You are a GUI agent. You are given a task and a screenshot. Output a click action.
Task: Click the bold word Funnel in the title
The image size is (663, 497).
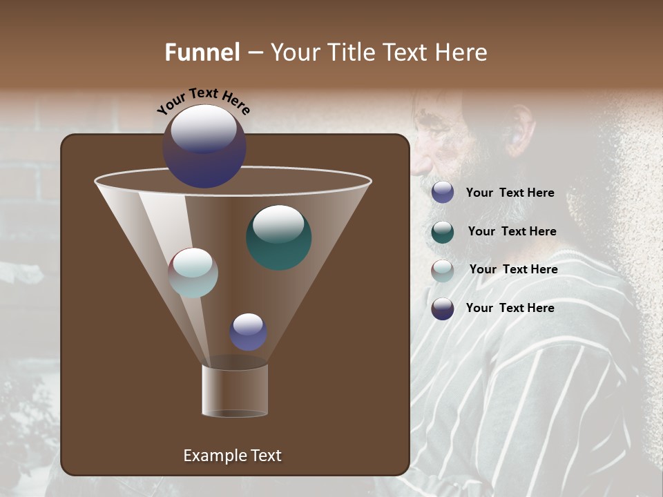[202, 52]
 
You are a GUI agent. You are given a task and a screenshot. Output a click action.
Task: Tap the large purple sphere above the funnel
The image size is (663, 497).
[204, 147]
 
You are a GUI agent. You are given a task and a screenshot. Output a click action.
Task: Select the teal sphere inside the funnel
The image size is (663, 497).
[279, 237]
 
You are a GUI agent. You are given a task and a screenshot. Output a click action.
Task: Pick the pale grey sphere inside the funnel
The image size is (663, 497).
[193, 273]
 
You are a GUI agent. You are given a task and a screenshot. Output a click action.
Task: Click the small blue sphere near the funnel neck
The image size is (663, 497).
[249, 332]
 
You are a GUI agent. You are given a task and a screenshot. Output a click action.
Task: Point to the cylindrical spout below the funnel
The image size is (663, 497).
[235, 390]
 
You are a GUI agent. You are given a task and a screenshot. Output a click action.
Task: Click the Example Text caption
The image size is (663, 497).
[233, 456]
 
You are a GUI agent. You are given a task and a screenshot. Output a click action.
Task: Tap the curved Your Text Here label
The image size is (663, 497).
[203, 100]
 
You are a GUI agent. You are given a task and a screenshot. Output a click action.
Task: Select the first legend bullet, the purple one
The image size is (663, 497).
[443, 193]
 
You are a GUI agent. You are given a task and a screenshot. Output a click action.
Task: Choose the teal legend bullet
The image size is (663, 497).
[443, 232]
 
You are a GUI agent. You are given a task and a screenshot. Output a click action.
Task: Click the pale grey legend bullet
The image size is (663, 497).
[443, 271]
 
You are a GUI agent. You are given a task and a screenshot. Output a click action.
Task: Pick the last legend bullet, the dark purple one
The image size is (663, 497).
[443, 309]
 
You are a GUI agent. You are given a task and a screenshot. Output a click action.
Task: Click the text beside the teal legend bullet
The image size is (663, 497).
[512, 231]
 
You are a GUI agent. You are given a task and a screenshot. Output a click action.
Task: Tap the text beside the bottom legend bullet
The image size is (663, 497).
[510, 308]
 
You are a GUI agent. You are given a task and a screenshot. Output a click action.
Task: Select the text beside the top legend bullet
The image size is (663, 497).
[510, 193]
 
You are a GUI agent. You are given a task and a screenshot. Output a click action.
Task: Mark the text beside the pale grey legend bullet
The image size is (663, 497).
[513, 269]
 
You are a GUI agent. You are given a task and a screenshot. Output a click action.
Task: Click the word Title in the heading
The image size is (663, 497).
[352, 52]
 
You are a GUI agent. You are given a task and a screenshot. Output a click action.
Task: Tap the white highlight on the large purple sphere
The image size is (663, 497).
[204, 128]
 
